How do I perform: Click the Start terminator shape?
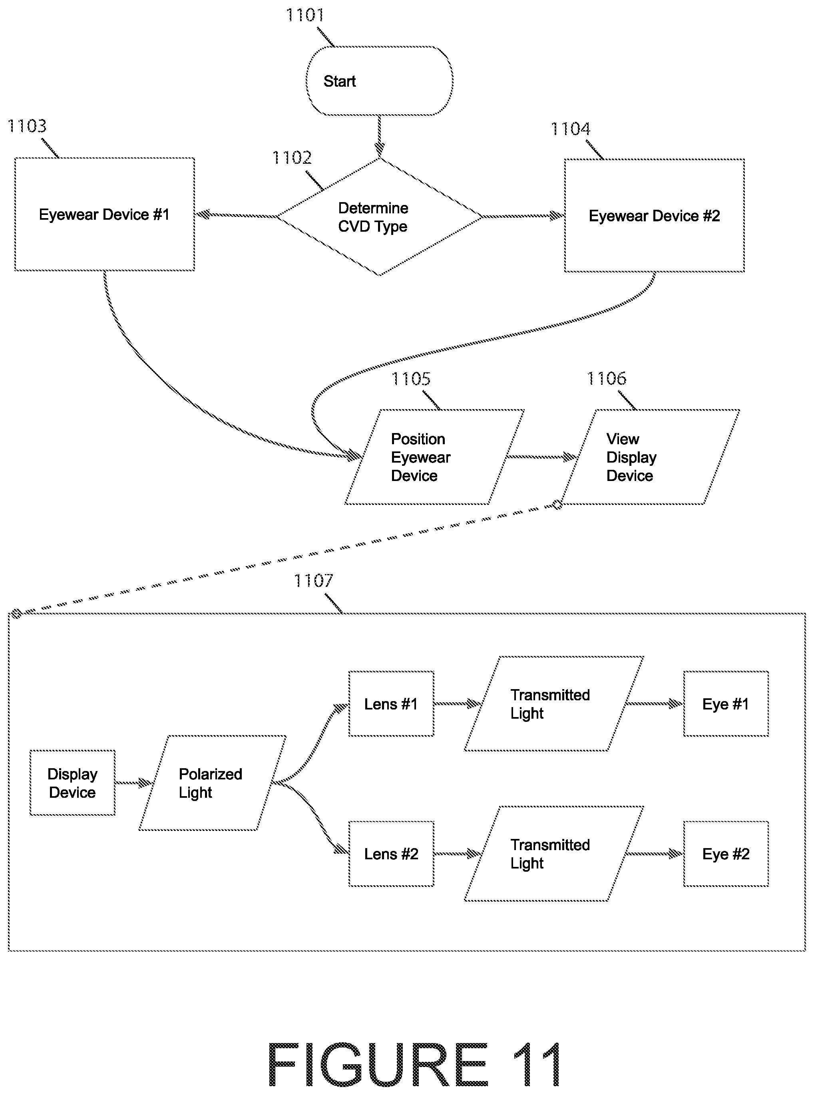coord(379,81)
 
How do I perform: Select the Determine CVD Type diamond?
coord(379,217)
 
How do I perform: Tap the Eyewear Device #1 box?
coord(104,214)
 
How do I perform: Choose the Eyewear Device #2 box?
coord(654,215)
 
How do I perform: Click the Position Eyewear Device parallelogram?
coord(434,457)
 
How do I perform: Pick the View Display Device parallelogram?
coord(650,457)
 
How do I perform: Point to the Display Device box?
coord(72,783)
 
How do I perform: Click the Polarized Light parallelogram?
coord(212,783)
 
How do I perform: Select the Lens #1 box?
coord(391,704)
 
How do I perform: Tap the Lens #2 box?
coord(391,854)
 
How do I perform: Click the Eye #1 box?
coord(726,704)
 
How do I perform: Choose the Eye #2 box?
coord(726,854)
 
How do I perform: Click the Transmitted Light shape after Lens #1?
coord(554,704)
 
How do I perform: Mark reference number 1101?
coord(305,15)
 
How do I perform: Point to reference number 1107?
coord(313,581)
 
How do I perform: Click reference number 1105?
coord(411,379)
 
